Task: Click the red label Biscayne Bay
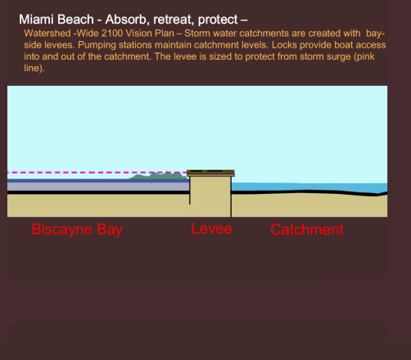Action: [x=77, y=230]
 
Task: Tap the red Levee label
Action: [x=211, y=228]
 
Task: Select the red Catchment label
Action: [x=307, y=230]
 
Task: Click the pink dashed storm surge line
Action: [x=97, y=173]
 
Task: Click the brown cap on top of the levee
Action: [x=210, y=173]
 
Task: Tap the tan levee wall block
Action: [x=210, y=196]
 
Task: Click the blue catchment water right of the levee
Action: [x=309, y=187]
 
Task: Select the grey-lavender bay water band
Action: [x=98, y=187]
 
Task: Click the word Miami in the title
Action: [x=36, y=20]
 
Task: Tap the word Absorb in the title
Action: [x=127, y=20]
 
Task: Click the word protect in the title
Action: [x=218, y=20]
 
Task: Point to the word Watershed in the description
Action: [x=47, y=34]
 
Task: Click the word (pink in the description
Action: [x=364, y=56]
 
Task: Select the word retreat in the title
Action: [x=174, y=20]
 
